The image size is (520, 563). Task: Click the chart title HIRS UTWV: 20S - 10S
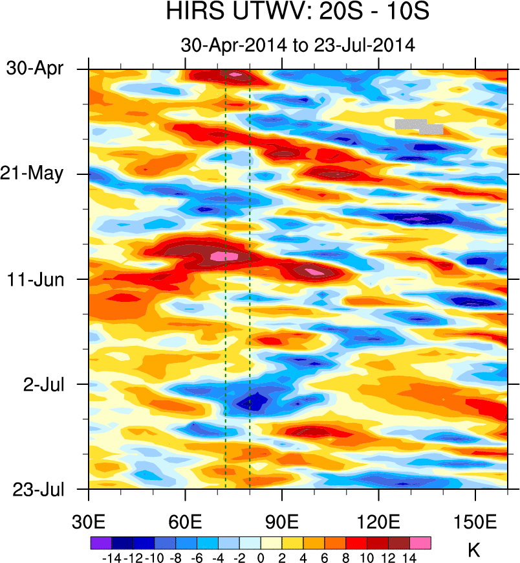point(298,13)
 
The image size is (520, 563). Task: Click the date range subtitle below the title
point(298,45)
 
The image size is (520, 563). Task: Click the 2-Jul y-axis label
point(44,384)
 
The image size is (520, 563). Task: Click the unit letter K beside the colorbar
point(473,551)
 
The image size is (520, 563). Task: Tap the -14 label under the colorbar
point(111,558)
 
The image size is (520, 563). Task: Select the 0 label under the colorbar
point(261,558)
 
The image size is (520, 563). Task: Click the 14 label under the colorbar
point(409,558)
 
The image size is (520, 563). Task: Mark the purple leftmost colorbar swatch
point(100,543)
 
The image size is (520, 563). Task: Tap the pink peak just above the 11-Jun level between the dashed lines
point(224,256)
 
